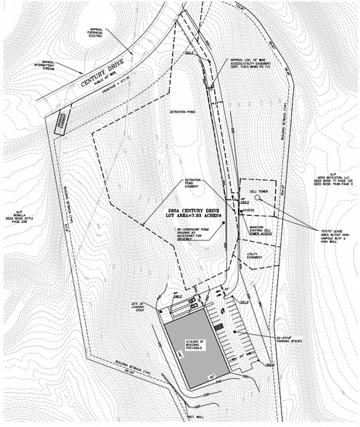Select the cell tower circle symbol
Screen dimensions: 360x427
pyautogui.click(x=258, y=203)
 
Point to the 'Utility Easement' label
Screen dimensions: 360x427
pyautogui.click(x=255, y=256)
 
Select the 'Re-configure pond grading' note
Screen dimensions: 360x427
pyautogui.click(x=194, y=236)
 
